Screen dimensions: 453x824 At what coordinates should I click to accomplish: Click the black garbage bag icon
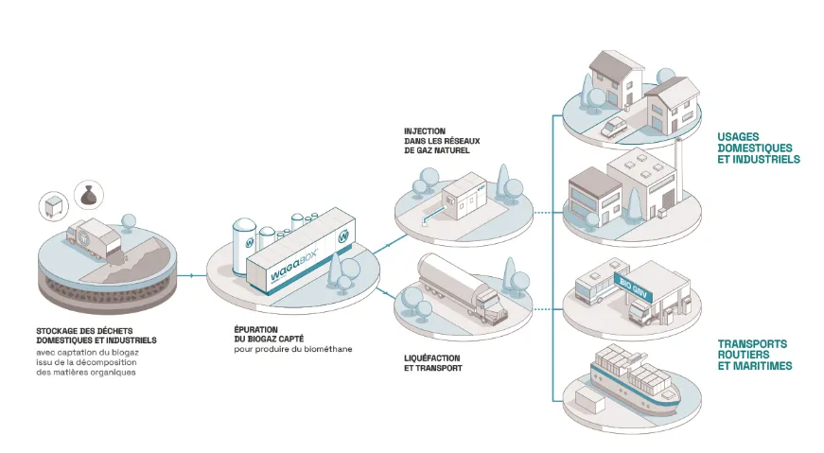pyautogui.click(x=88, y=194)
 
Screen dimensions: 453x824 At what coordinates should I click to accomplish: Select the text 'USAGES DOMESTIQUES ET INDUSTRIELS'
pyautogui.click(x=759, y=148)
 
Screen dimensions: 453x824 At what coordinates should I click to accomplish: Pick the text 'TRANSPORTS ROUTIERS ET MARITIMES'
pyautogui.click(x=755, y=354)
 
